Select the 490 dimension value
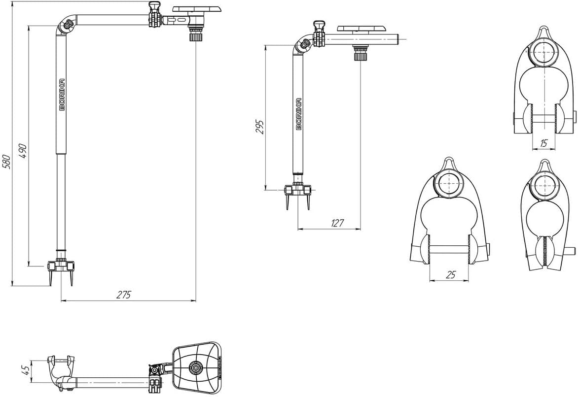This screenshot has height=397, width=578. coord(23,150)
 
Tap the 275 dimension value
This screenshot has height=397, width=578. coord(124,295)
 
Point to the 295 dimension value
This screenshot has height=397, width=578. coord(260,127)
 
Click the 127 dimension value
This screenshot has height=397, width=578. coord(337,223)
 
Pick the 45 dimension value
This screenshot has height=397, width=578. coord(25,370)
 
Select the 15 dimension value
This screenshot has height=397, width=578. coord(543,143)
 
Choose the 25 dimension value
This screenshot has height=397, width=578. coord(451,274)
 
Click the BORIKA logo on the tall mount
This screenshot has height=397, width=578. coord(62,95)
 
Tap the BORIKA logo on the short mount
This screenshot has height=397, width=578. coord(299,114)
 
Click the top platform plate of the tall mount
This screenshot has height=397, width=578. coord(196,9)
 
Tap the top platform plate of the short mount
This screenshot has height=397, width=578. coord(361,29)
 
